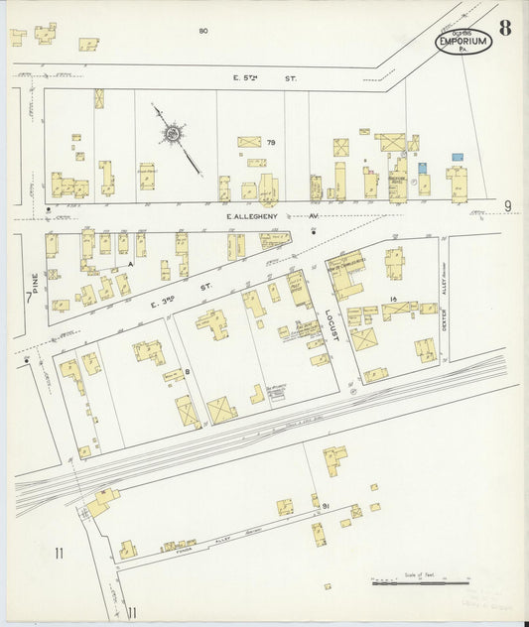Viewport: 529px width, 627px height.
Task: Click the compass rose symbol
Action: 173,131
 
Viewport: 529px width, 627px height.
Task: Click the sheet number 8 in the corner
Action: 506,27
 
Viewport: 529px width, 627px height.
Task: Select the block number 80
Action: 202,32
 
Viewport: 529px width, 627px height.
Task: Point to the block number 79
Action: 270,143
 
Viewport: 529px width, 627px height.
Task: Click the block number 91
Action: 326,506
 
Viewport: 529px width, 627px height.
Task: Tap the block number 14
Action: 394,299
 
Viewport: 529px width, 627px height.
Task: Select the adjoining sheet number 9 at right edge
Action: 506,205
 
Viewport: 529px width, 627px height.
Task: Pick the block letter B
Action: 187,372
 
